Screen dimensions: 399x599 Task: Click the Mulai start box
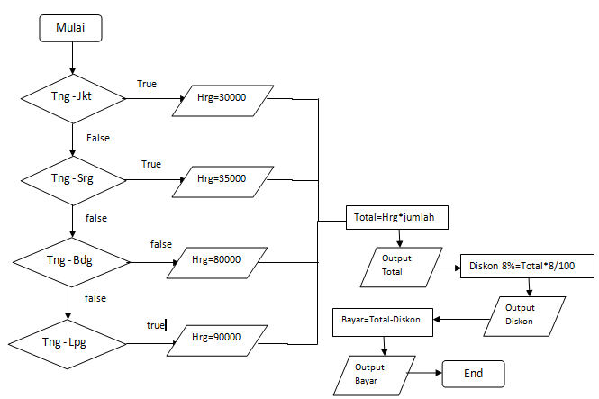click(x=71, y=28)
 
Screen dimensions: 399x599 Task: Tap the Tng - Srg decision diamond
click(x=72, y=178)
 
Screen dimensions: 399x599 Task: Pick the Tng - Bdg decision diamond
click(x=69, y=261)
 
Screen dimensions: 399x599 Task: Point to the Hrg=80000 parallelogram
click(x=217, y=260)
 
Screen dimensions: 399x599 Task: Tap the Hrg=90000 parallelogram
click(x=217, y=339)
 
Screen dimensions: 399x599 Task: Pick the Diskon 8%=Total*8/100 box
click(x=515, y=267)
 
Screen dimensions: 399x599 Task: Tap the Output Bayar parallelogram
click(x=368, y=372)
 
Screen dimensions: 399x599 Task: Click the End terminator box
click(x=473, y=373)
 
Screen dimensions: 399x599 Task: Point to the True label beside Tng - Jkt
click(x=147, y=84)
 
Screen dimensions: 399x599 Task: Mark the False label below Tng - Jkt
click(x=98, y=138)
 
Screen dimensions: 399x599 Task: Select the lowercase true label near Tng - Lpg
click(x=156, y=323)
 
